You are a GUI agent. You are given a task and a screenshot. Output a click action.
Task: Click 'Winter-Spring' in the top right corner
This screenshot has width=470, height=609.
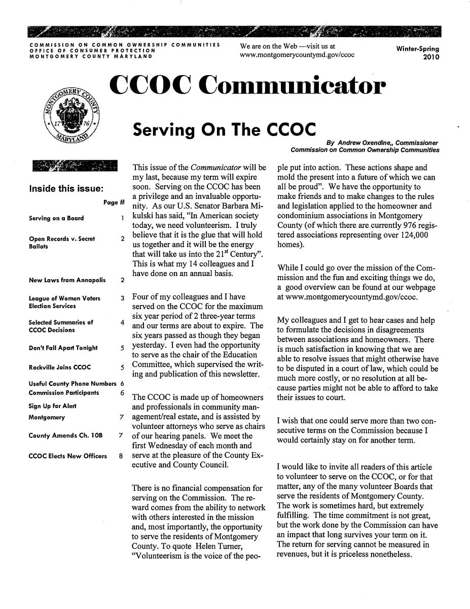(x=417, y=49)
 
